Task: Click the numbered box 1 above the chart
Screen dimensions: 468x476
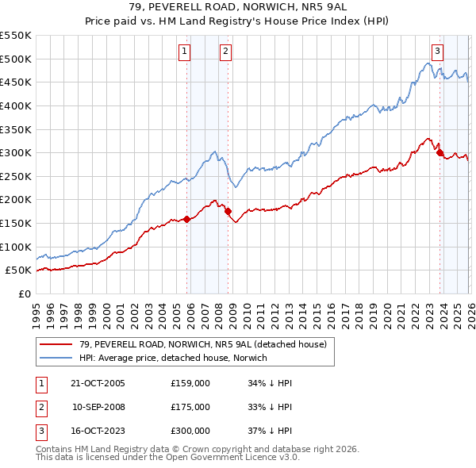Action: click(184, 52)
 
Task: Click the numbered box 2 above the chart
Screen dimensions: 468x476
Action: click(225, 52)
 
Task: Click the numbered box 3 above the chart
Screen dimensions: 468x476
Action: click(437, 52)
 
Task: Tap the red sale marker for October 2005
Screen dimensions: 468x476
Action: click(187, 219)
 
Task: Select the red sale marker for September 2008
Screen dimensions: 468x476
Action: click(228, 212)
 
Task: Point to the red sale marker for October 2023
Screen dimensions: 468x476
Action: click(440, 153)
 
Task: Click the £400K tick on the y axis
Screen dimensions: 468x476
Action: click(15, 105)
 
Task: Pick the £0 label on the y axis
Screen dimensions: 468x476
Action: click(23, 293)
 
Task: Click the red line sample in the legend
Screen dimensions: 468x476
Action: click(56, 344)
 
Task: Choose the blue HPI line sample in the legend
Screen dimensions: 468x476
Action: click(56, 358)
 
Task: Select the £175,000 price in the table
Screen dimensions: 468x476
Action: click(190, 407)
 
